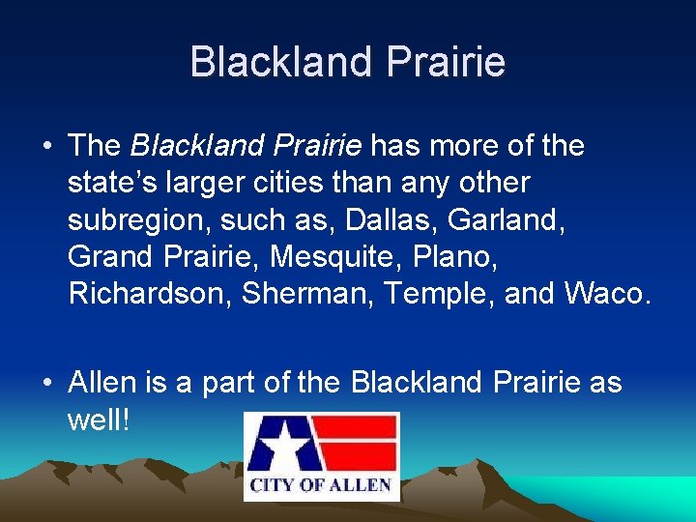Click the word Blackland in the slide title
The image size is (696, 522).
[282, 62]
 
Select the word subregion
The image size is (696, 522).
[134, 218]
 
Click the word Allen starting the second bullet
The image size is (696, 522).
[104, 383]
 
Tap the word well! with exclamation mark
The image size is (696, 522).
[99, 420]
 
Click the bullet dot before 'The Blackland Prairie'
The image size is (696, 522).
[47, 147]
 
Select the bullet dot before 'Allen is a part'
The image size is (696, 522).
[47, 384]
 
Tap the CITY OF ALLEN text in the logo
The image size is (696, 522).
[321, 484]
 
